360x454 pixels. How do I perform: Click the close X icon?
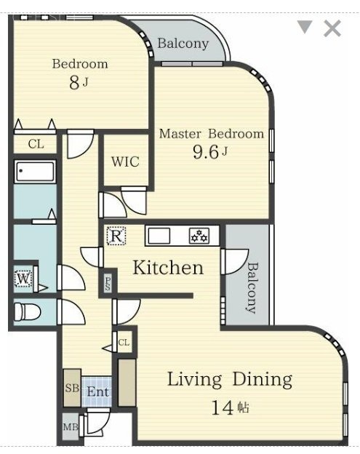click(332, 28)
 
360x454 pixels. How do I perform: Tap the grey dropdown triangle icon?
click(305, 27)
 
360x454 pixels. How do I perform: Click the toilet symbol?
click(28, 312)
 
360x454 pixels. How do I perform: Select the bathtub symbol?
click(36, 171)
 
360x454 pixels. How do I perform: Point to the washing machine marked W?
click(23, 279)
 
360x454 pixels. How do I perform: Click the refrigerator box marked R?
click(116, 236)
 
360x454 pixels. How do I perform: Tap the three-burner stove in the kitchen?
click(199, 236)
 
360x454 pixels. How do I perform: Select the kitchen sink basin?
click(159, 236)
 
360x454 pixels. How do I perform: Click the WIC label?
click(125, 162)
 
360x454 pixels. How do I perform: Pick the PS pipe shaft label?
click(108, 284)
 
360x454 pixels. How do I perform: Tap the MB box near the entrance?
click(71, 427)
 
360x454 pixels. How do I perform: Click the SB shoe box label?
click(72, 388)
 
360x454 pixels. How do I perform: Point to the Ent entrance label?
click(98, 392)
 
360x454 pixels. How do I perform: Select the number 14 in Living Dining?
click(223, 407)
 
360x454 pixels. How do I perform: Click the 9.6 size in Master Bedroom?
click(205, 152)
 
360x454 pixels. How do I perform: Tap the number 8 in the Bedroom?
click(74, 82)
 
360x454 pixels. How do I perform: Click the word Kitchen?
click(168, 267)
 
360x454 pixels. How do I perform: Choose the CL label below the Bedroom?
click(36, 144)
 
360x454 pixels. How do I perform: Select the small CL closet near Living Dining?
click(124, 343)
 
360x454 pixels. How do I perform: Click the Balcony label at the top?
click(183, 44)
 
